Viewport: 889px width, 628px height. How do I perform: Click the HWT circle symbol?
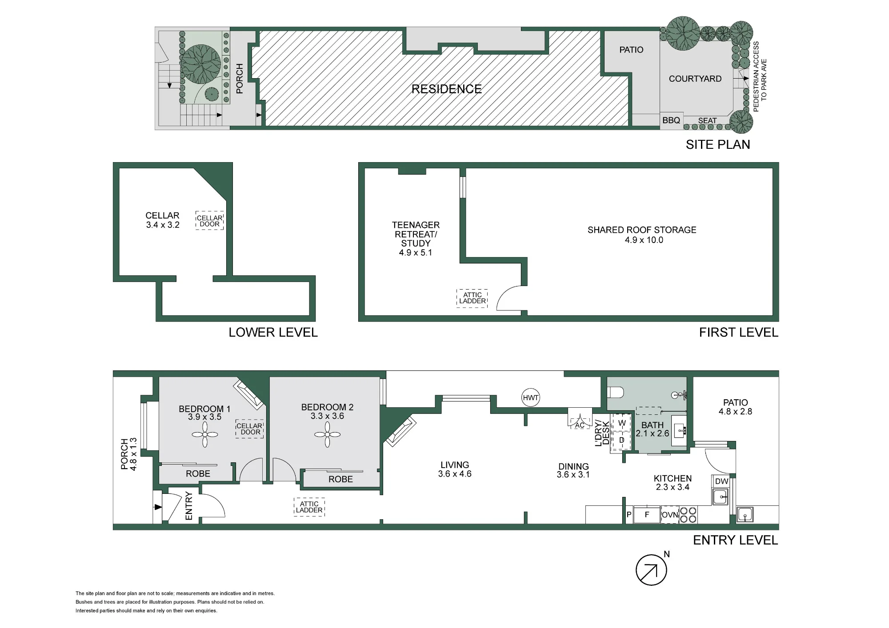tap(530, 397)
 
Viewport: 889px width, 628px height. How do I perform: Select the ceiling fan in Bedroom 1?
tap(205, 434)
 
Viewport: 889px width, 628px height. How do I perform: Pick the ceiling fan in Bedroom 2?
tap(327, 434)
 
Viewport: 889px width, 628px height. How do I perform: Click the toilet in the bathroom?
tap(616, 393)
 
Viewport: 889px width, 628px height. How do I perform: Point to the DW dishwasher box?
tap(721, 481)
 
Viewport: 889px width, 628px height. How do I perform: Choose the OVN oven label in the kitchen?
tap(670, 515)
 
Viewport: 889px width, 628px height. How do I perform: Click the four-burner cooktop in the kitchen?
tap(688, 515)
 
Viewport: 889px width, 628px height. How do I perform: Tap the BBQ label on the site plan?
tap(671, 120)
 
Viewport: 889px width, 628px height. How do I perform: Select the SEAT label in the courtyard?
tap(707, 120)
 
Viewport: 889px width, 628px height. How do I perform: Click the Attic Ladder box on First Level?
tap(472, 298)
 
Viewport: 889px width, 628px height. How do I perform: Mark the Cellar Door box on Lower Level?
tap(209, 221)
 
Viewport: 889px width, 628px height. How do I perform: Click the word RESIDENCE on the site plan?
tap(446, 89)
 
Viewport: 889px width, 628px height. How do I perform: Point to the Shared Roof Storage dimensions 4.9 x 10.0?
tap(644, 240)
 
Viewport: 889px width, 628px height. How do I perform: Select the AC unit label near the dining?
tap(580, 425)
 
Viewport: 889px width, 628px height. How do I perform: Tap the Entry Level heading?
tap(735, 540)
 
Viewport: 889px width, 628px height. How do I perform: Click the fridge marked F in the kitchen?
tap(647, 515)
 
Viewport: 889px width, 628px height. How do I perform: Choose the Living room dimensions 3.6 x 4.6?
tap(455, 474)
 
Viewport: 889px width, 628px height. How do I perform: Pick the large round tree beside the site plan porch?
tap(201, 64)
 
